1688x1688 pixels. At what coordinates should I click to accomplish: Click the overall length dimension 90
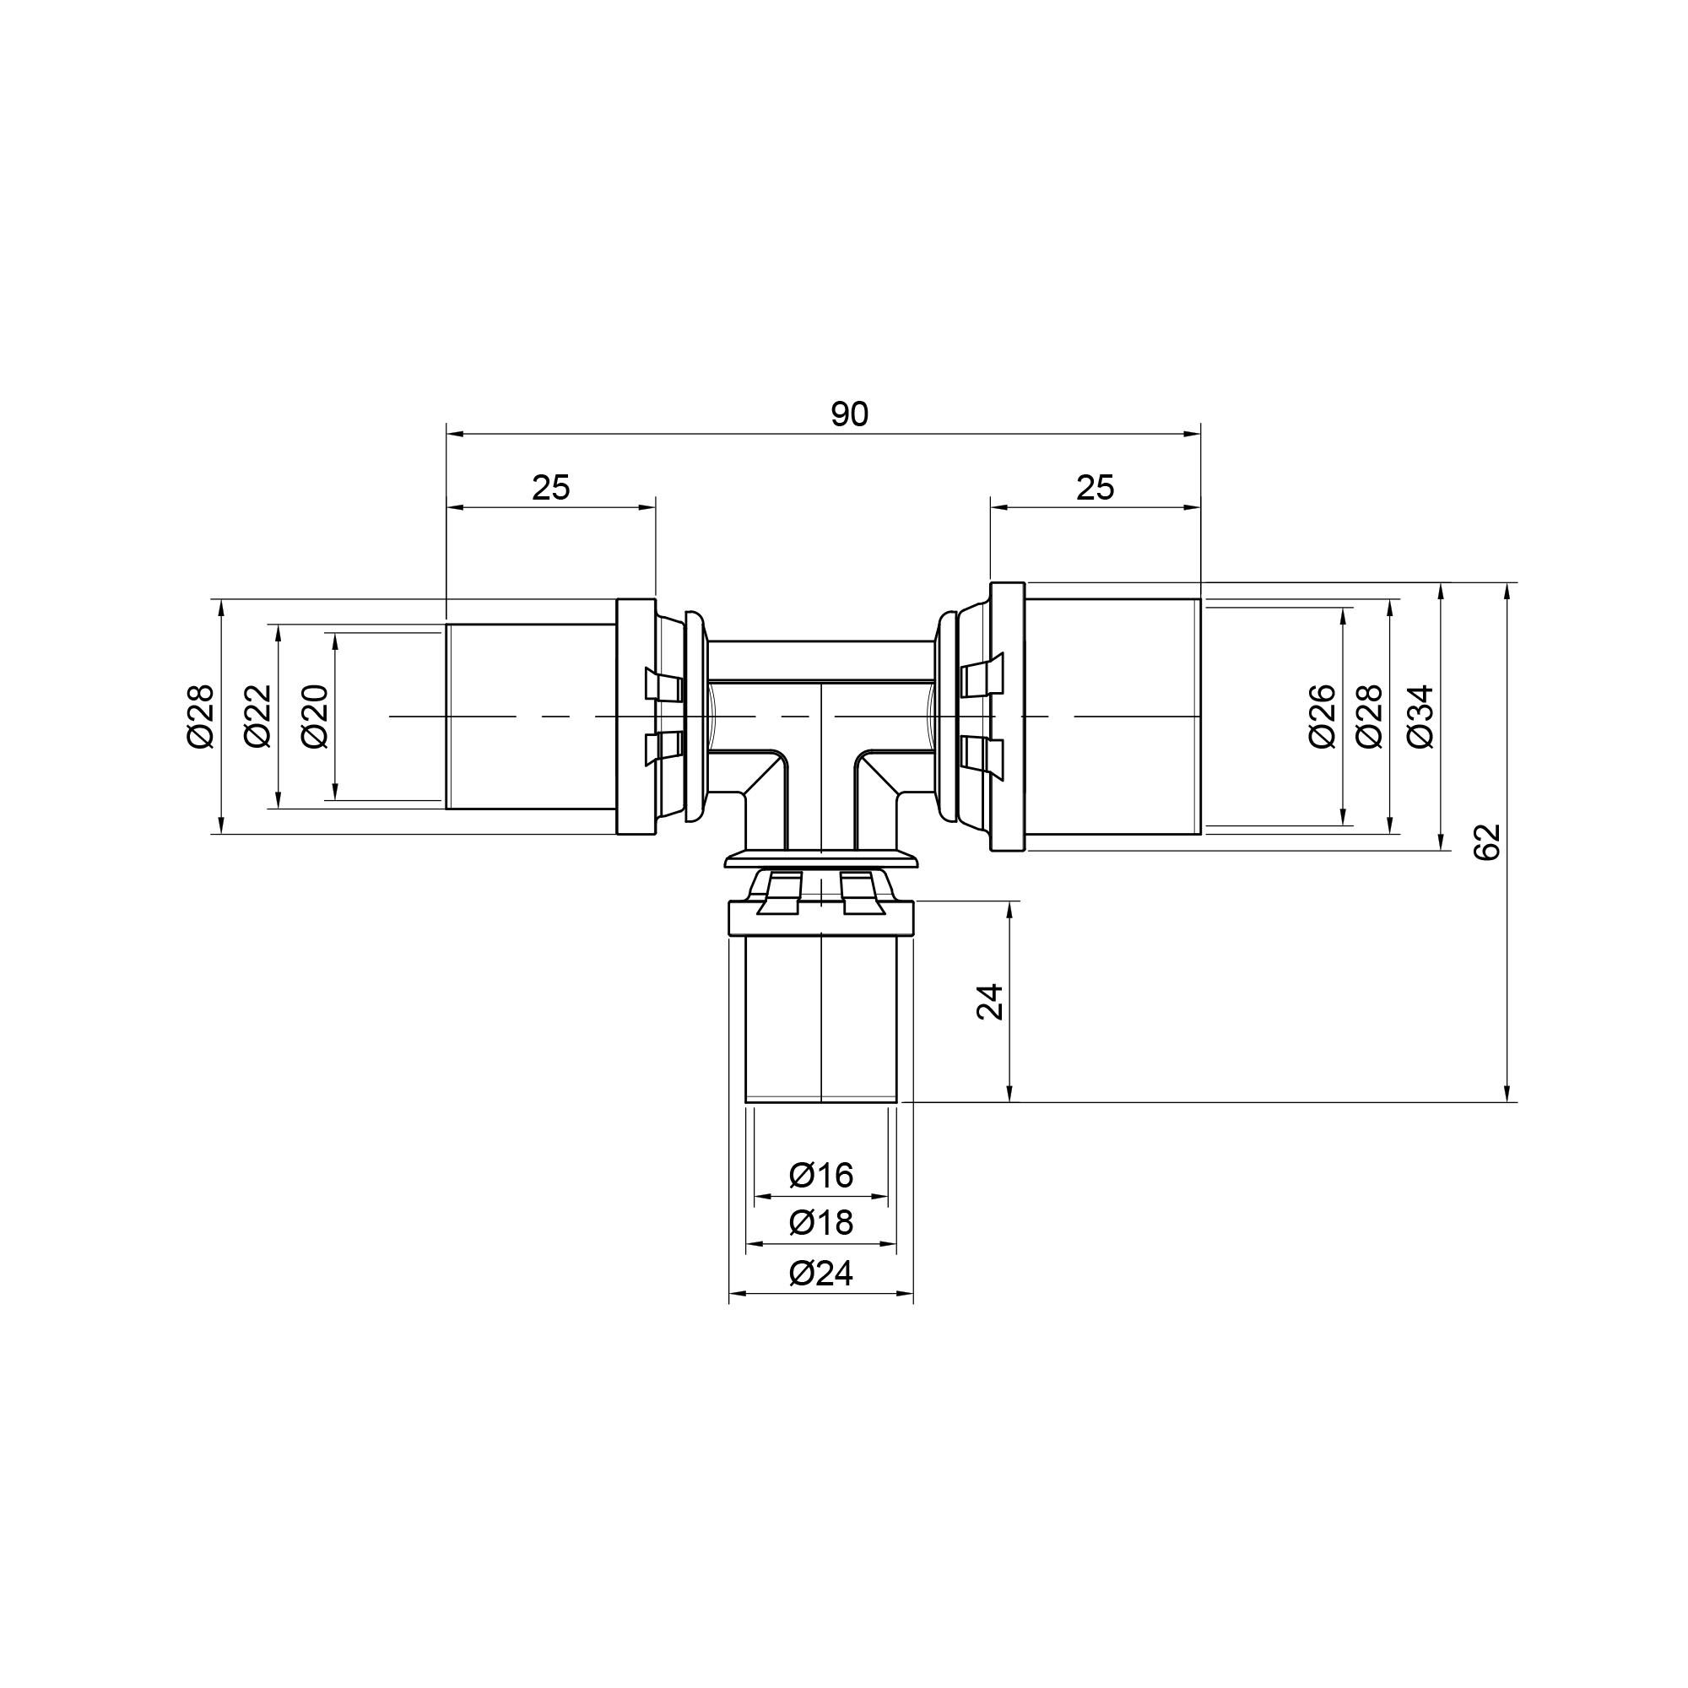coord(849,414)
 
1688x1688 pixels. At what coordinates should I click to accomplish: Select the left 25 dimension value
coord(550,488)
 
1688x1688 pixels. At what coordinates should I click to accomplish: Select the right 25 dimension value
coord(1095,488)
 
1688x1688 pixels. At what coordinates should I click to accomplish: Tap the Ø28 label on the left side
coord(200,717)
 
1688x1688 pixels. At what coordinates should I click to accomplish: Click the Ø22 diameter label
coord(258,717)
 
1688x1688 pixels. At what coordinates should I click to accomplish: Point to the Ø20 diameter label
coord(315,717)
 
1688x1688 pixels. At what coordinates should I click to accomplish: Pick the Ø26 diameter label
coord(1322,717)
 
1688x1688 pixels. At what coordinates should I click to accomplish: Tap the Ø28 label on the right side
coord(1369,717)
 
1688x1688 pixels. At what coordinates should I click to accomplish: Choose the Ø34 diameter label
coord(1420,717)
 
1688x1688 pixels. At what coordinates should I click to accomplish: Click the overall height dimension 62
coord(1486,842)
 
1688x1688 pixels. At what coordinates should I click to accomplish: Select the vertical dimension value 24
coord(990,1002)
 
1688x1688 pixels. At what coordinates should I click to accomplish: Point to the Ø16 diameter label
coord(820,1175)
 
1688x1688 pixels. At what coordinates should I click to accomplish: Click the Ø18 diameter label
coord(820,1221)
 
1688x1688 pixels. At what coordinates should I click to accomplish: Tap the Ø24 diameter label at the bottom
coord(820,1273)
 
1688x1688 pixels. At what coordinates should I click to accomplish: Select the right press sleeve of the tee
coord(1112,717)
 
